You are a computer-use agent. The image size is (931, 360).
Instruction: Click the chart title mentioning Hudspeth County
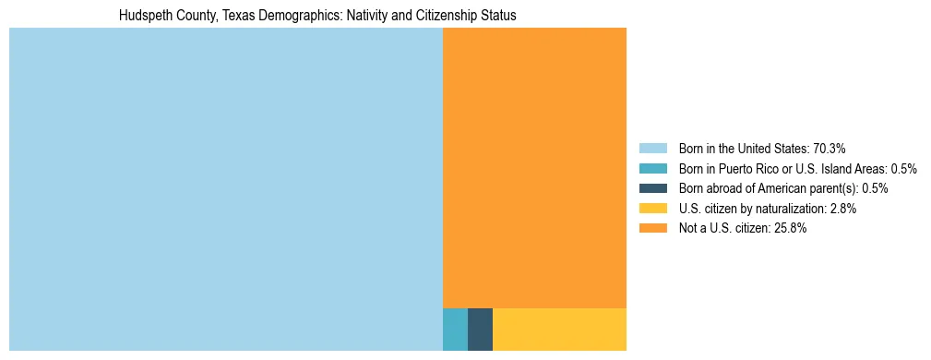[317, 16]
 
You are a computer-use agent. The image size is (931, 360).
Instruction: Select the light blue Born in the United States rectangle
[225, 189]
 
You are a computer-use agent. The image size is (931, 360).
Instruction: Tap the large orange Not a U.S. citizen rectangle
[534, 167]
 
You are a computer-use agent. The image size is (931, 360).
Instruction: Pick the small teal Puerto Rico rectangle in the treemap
[455, 330]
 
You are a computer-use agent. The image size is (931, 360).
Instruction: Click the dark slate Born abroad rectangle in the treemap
[480, 330]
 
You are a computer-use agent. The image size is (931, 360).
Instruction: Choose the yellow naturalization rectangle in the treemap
[559, 330]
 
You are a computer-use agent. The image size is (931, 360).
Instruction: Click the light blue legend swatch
[652, 148]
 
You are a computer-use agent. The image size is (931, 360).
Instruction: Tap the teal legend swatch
[652, 168]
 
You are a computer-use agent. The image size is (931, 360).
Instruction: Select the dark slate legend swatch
[652, 188]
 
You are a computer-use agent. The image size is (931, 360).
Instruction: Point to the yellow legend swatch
[652, 209]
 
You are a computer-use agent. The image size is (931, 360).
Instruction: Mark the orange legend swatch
[652, 228]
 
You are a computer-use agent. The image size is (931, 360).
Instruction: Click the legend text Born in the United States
[744, 148]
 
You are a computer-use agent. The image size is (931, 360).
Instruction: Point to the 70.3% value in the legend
[830, 148]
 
